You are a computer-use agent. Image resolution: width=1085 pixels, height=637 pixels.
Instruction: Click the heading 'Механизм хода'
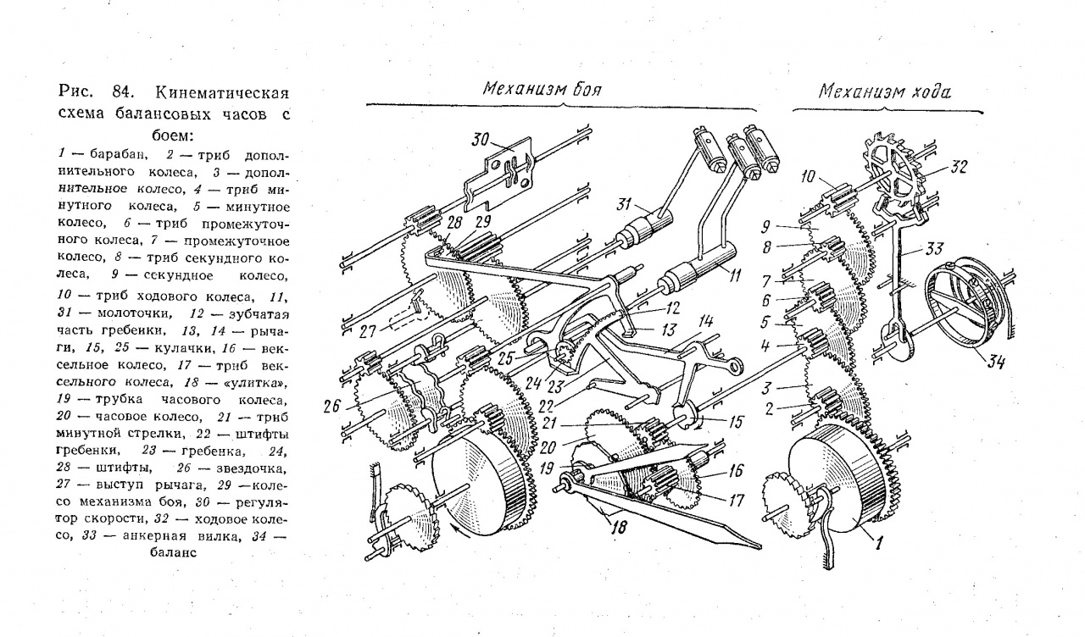click(x=884, y=91)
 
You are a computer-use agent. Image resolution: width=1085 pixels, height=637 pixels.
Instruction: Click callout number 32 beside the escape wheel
click(x=959, y=168)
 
